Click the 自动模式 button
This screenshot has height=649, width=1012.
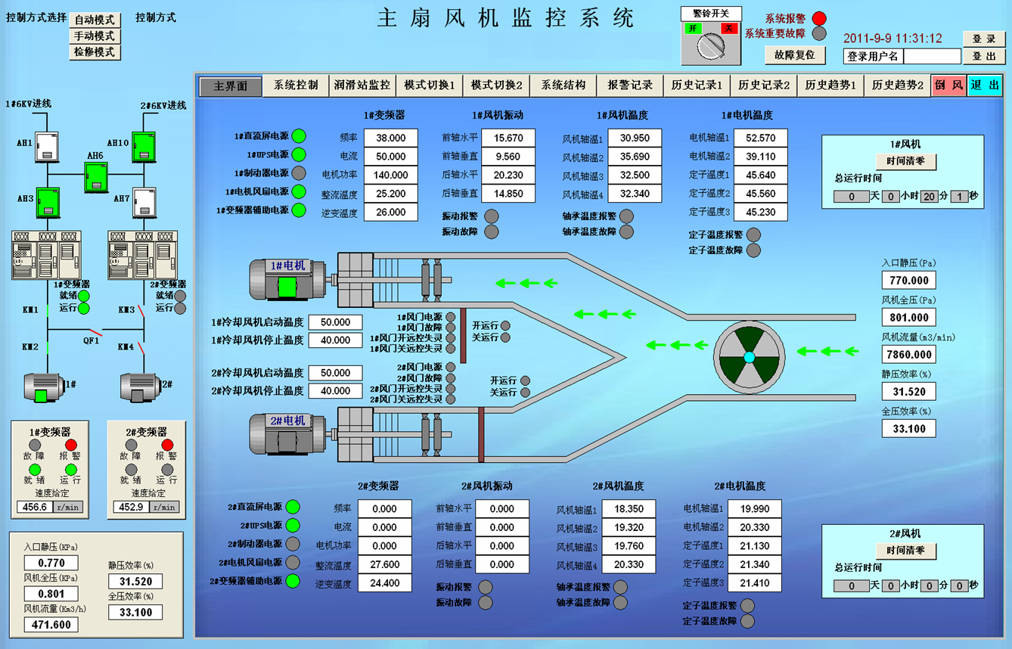pyautogui.click(x=95, y=20)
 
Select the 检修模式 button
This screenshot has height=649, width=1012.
pyautogui.click(x=95, y=52)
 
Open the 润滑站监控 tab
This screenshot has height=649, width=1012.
pyautogui.click(x=362, y=85)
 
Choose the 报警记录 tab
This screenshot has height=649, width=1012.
pyautogui.click(x=629, y=85)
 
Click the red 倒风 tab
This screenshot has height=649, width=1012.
pyautogui.click(x=948, y=85)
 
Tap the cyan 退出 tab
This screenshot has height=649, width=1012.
pyautogui.click(x=985, y=85)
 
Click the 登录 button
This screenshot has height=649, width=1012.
pyautogui.click(x=983, y=39)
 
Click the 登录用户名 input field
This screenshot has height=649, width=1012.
pyautogui.click(x=932, y=56)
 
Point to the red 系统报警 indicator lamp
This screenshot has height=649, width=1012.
pyautogui.click(x=819, y=18)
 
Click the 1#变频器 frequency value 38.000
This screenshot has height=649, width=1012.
pyautogui.click(x=390, y=138)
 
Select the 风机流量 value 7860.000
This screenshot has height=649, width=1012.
pyautogui.click(x=908, y=354)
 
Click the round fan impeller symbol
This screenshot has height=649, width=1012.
pyautogui.click(x=749, y=357)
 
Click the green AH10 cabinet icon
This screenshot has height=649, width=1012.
pyautogui.click(x=144, y=147)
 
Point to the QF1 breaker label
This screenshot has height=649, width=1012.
pyautogui.click(x=92, y=341)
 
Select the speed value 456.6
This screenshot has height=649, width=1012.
pyautogui.click(x=35, y=508)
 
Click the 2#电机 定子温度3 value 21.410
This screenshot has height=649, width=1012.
pyautogui.click(x=754, y=582)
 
